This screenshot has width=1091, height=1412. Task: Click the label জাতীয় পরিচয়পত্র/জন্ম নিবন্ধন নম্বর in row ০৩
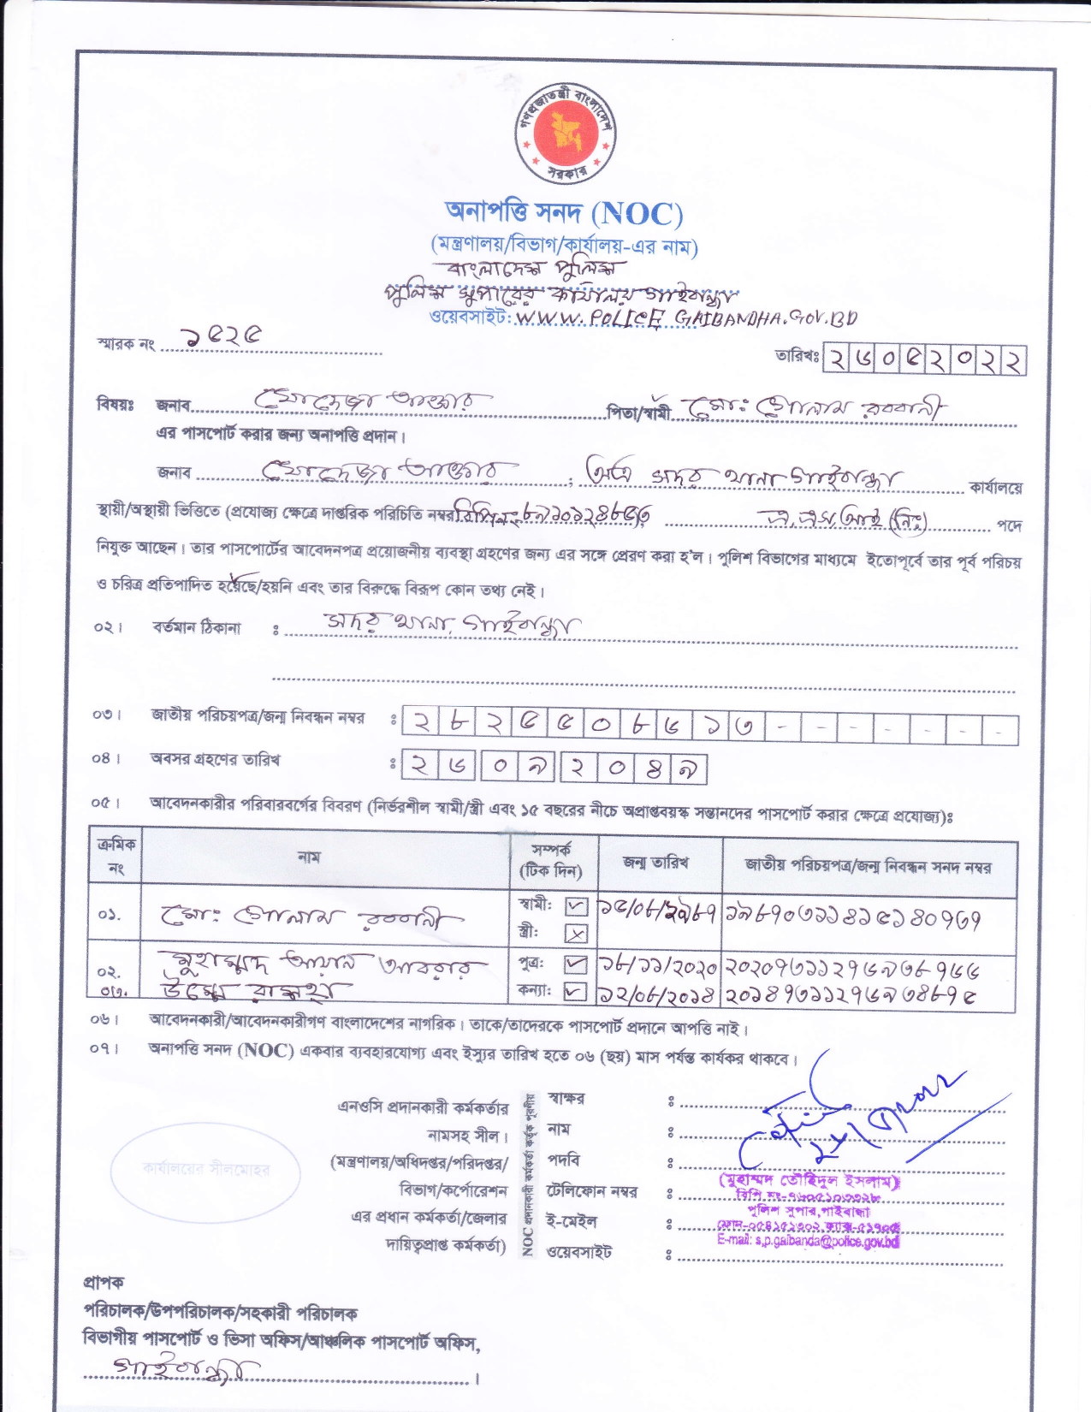click(x=258, y=716)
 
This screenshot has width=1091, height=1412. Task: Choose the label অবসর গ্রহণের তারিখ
click(x=215, y=759)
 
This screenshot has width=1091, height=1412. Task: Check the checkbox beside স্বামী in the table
click(x=577, y=905)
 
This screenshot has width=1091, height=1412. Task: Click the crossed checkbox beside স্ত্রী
click(x=577, y=934)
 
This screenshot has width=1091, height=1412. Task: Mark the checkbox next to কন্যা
click(x=577, y=993)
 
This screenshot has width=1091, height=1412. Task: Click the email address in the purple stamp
click(x=808, y=1240)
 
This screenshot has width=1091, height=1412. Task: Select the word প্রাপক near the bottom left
click(x=104, y=1282)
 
